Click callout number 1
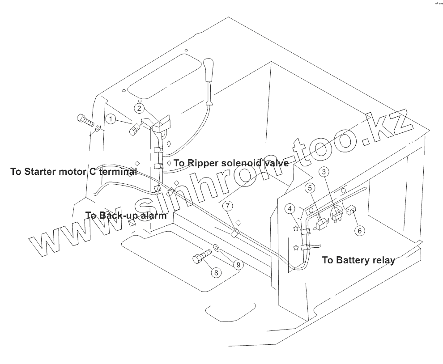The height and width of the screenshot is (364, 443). (111, 119)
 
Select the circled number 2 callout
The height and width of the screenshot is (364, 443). (140, 108)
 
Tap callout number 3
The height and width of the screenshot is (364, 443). (325, 171)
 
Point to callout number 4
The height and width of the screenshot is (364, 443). (290, 208)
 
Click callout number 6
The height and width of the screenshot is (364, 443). (360, 230)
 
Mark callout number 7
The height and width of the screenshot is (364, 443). (228, 206)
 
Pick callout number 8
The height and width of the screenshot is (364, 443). (216, 271)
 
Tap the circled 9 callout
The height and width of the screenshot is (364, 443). (238, 265)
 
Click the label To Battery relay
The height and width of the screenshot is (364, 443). (358, 260)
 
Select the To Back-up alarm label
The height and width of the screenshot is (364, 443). (126, 215)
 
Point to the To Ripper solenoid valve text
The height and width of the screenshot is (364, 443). (231, 163)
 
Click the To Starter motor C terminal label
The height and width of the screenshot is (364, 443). (73, 172)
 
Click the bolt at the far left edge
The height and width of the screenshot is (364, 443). (85, 120)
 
